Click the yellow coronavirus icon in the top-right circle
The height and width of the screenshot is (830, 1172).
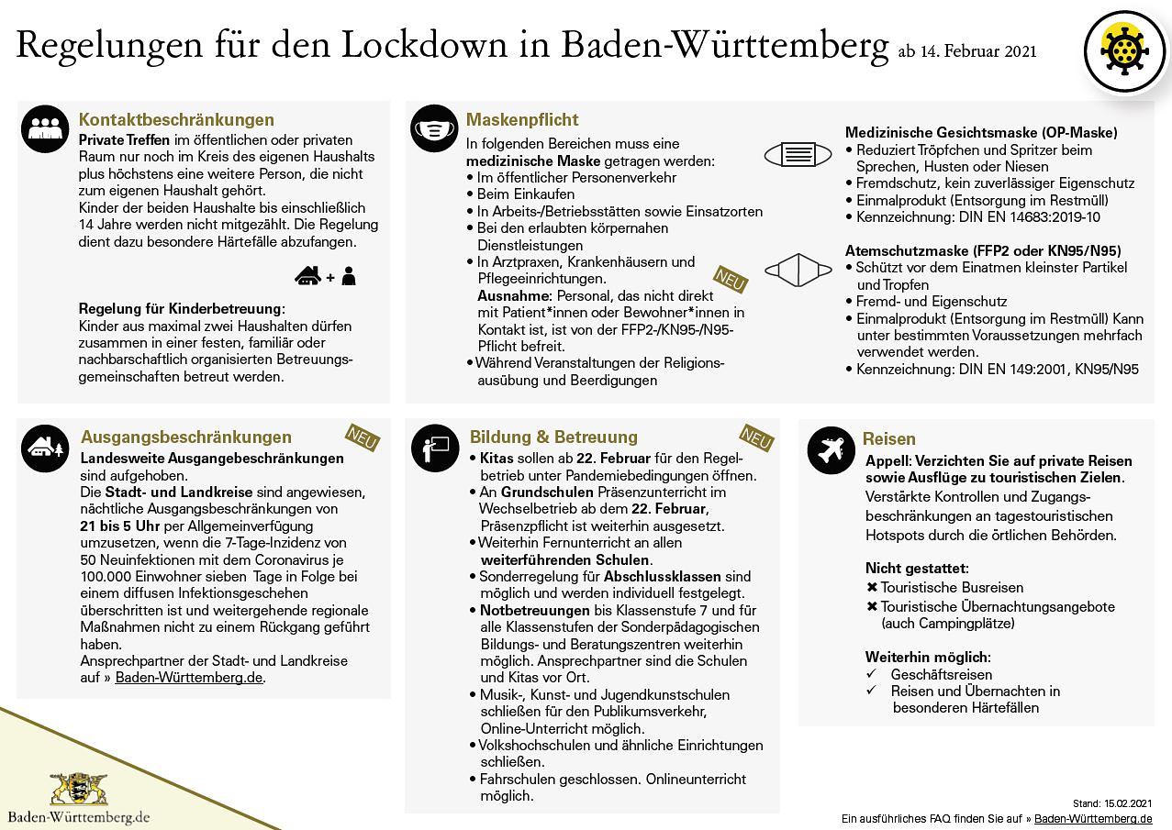[x=1123, y=51]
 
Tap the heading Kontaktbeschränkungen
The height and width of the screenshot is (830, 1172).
[x=176, y=120]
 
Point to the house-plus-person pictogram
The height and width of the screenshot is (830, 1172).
[x=326, y=275]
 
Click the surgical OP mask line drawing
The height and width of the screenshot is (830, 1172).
[x=798, y=154]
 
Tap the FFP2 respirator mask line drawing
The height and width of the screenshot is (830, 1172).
[x=798, y=270]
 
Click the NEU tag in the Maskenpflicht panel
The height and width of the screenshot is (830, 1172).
[x=731, y=280]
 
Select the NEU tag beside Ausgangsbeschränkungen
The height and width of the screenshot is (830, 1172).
[x=362, y=438]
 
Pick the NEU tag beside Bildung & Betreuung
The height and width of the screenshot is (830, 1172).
[x=755, y=437]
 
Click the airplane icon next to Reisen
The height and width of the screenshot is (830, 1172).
[x=831, y=449]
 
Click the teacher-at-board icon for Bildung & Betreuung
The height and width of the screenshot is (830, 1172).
[x=434, y=448]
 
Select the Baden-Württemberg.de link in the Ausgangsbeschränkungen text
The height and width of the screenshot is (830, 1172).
[x=189, y=678]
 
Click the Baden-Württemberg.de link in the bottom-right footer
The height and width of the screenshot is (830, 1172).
[x=1093, y=818]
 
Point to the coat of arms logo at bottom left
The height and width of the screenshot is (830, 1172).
[x=78, y=789]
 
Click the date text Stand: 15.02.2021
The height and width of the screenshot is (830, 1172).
[x=1111, y=803]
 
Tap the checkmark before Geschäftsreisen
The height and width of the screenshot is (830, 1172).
[x=872, y=674]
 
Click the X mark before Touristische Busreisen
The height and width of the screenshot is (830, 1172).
[x=872, y=588]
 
